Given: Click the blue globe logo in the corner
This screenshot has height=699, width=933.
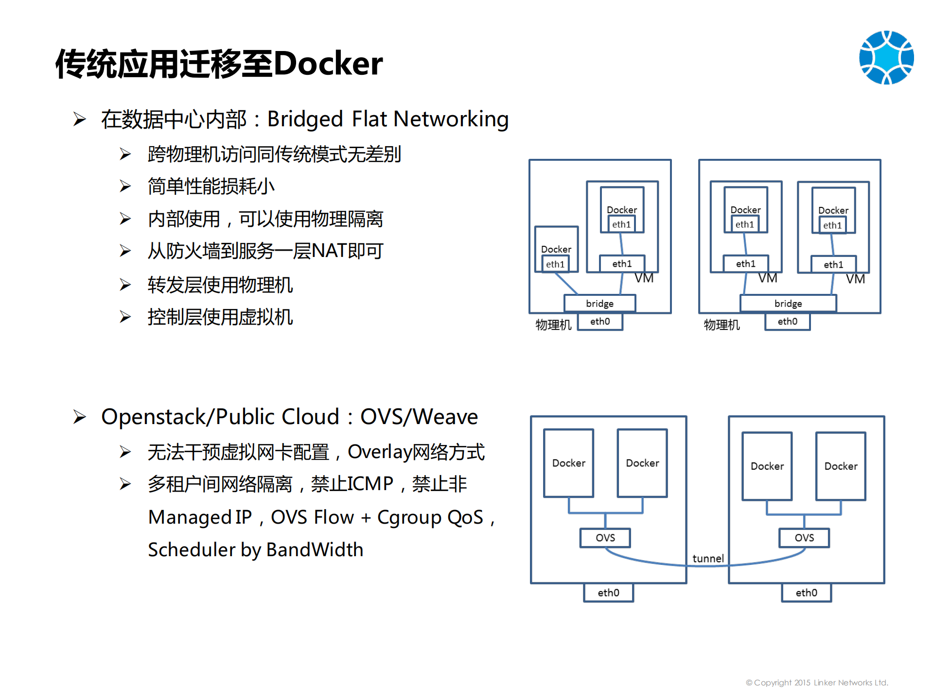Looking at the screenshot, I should [886, 57].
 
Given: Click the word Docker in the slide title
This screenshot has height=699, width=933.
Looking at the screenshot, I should [328, 64].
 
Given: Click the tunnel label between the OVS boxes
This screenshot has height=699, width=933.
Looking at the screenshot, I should [708, 559].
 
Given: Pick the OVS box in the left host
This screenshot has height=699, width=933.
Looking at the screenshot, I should [605, 538].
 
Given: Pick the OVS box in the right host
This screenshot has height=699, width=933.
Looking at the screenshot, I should [804, 538].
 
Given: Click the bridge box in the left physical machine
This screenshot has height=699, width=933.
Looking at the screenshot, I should [599, 304].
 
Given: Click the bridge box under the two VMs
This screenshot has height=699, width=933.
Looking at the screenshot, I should [788, 304].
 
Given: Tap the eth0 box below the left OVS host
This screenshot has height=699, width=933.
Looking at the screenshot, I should [608, 593].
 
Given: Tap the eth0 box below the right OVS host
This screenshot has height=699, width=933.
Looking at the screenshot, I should [806, 593].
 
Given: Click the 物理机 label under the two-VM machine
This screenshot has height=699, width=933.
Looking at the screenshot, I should [722, 324].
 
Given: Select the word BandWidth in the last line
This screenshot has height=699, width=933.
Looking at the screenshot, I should [315, 550].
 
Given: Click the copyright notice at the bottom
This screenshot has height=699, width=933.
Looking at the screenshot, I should [817, 682].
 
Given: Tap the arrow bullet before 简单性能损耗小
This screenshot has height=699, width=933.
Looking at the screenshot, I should [125, 187].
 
